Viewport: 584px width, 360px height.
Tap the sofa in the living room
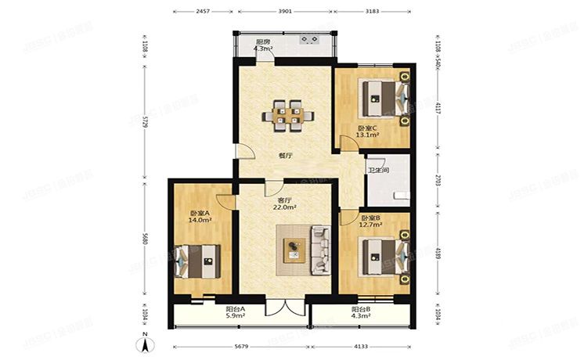pos(319,250)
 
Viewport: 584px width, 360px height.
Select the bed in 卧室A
pos(198,261)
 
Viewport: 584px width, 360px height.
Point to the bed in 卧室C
pos(384,97)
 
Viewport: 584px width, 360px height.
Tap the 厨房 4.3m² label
pos(263,45)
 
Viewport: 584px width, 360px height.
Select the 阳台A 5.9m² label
pos(235,313)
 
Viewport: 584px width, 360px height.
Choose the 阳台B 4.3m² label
pos(362,313)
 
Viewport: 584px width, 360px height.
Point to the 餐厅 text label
pos(286,155)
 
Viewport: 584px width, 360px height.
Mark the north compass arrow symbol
pos(145,343)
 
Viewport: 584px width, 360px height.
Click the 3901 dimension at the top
pos(285,12)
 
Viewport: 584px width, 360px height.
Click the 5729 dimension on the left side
pos(144,124)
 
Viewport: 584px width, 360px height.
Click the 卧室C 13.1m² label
pos(367,131)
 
